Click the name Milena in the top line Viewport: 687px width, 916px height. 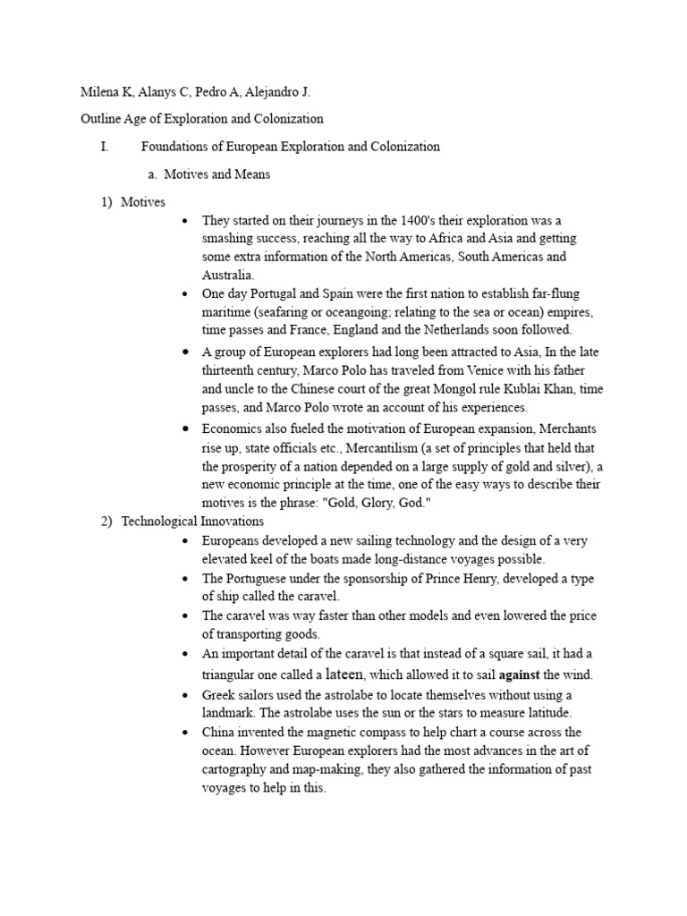coord(100,91)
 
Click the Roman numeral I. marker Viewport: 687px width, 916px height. coord(106,147)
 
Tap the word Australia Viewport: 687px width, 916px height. coord(228,275)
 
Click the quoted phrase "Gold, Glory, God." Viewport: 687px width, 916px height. coord(356,503)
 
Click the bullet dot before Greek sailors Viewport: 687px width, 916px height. coord(183,695)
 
